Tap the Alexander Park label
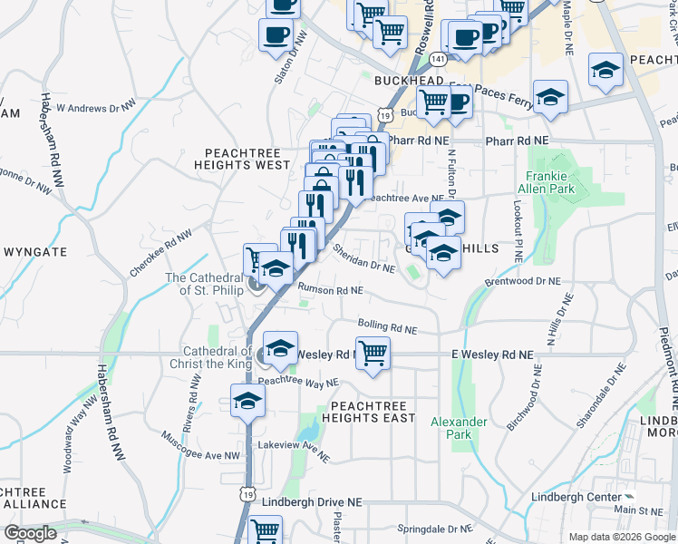tap(459, 428)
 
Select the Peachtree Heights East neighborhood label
tap(373, 412)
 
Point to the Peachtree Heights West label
tap(247, 160)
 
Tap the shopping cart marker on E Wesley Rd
tap(373, 354)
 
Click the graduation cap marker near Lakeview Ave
tap(247, 401)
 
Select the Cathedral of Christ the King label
tap(218, 357)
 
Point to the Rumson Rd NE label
tap(332, 291)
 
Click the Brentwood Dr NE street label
tap(524, 282)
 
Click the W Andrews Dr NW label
tap(95, 106)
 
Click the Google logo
tap(31, 533)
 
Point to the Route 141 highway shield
tap(439, 59)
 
